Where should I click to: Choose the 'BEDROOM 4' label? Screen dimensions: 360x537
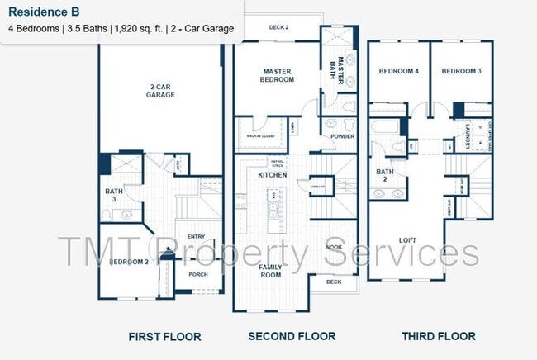coord(399,72)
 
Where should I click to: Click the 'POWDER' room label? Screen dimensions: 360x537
coord(342,136)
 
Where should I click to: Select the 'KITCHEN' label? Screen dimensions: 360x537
coord(273,175)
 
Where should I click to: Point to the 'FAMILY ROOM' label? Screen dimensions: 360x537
coord(269,271)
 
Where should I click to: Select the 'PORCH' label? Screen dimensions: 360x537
coord(198,274)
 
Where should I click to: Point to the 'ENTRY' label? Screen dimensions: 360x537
coord(196,236)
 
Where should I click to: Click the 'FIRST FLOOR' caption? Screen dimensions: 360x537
coord(164,336)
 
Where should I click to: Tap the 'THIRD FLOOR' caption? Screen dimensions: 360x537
coord(439,336)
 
